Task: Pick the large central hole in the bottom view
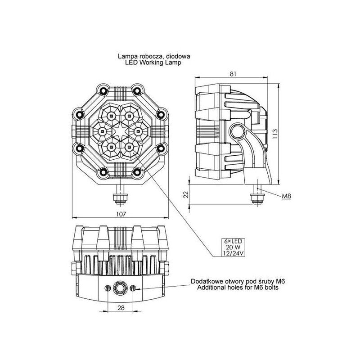(x=120, y=287)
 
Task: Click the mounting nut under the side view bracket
(x=257, y=197)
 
